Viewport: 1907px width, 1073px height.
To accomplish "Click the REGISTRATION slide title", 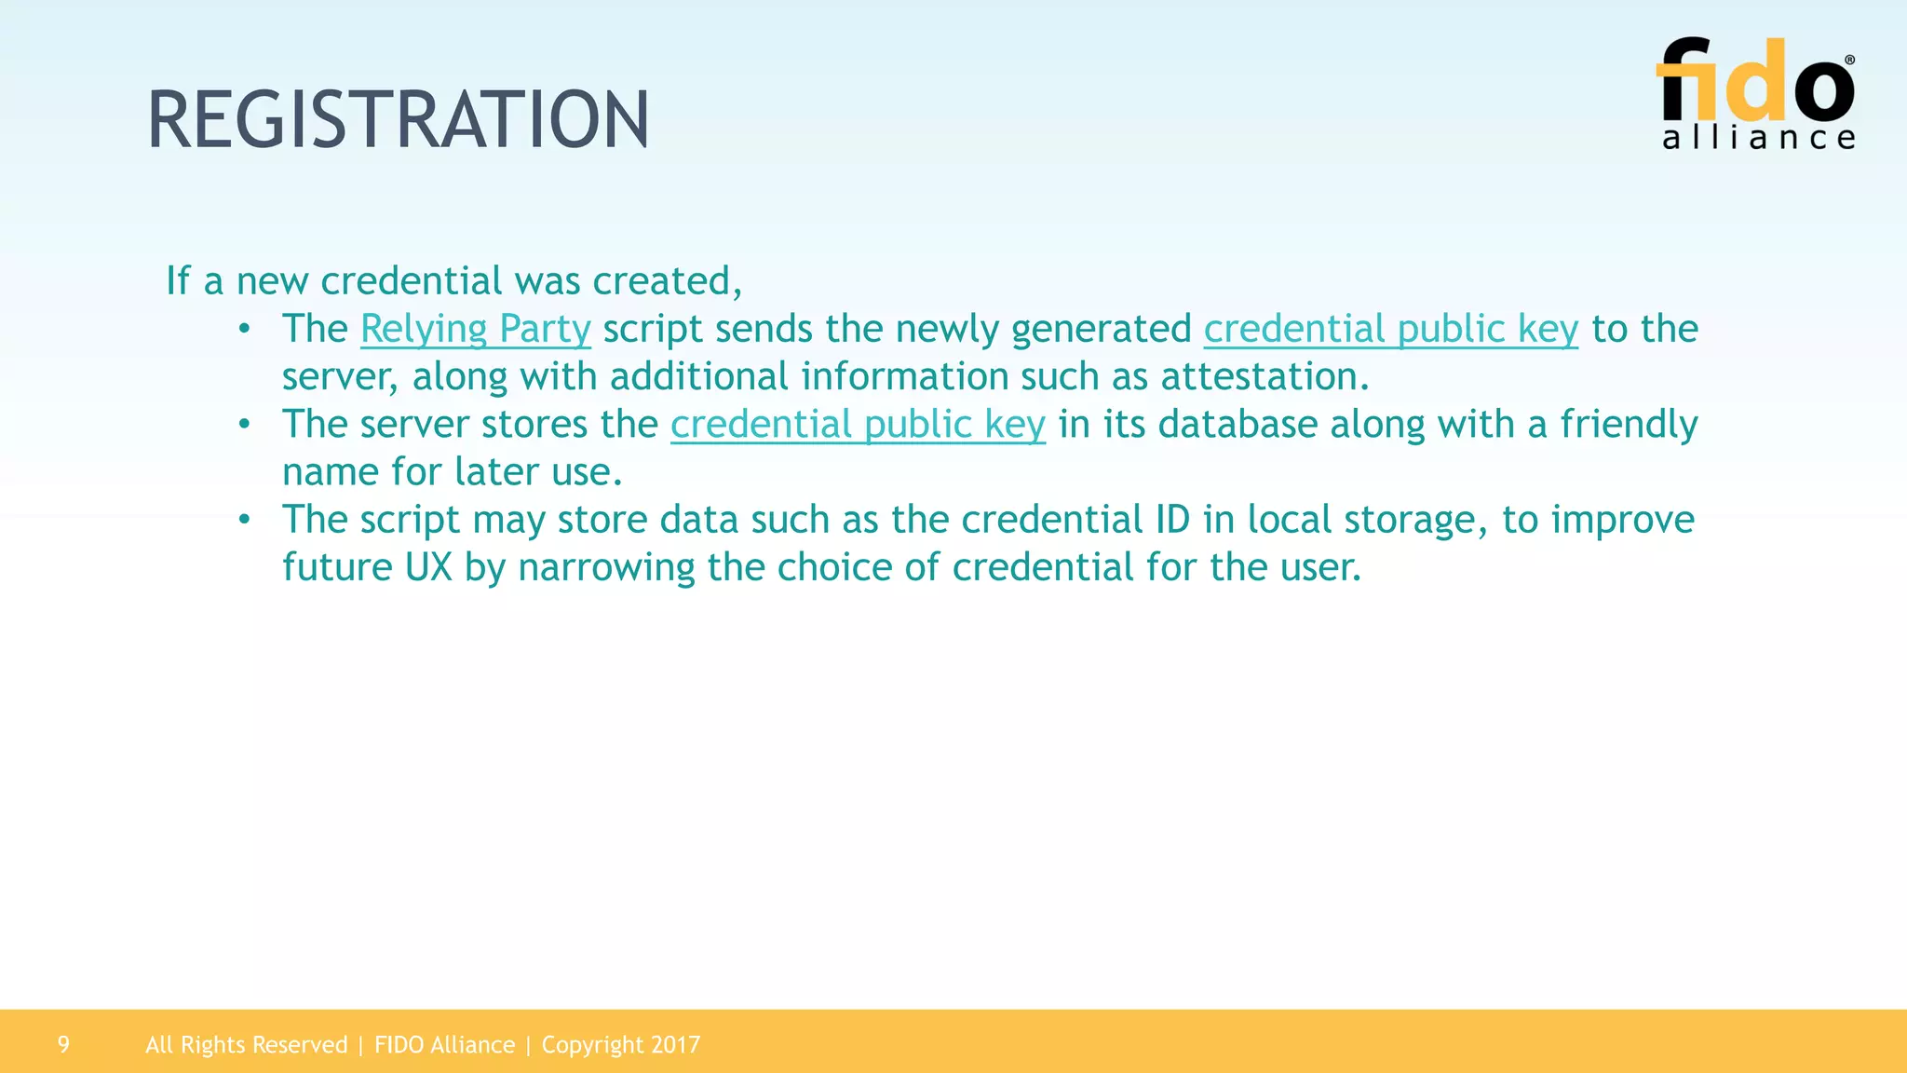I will pos(399,120).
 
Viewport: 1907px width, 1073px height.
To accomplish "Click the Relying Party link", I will pos(475,329).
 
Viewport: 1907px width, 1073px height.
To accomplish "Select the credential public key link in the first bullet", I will pos(1390,329).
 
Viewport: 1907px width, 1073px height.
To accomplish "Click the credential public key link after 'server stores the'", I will pos(858,425).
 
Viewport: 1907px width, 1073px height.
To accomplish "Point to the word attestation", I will pos(1264,376).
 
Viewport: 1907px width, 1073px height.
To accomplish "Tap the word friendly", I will pos(1629,425).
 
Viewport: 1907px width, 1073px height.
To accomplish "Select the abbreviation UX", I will pos(428,567).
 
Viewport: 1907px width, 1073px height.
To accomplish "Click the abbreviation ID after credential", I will pos(1172,520).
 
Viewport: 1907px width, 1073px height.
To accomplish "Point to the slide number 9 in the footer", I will pos(63,1044).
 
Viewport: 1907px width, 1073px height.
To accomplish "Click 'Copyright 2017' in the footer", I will pos(620,1045).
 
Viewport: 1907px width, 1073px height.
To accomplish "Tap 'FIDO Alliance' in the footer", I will pos(444,1045).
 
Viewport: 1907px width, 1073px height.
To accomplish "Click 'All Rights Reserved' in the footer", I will pos(246,1045).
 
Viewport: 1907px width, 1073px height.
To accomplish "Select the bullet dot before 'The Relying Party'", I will pos(244,329).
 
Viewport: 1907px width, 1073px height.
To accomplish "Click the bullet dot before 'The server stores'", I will pos(244,425).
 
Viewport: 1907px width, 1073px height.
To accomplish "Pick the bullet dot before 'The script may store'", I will pos(244,520).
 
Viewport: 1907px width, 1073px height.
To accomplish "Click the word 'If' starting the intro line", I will pos(177,280).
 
